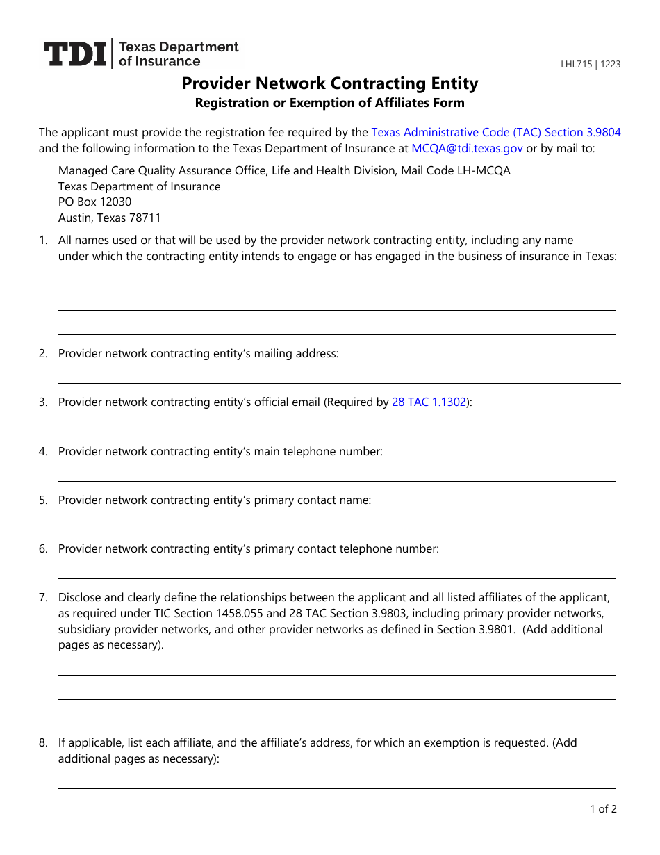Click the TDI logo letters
tap(75, 54)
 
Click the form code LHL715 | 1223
tap(591, 65)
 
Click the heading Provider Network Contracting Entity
tap(330, 83)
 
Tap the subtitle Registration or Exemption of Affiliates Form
tap(330, 103)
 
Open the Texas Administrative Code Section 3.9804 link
tap(496, 132)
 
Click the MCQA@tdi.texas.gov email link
tap(467, 148)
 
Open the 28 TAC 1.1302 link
tap(429, 402)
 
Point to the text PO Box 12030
tap(94, 202)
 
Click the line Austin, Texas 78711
tap(109, 218)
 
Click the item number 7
tap(43, 597)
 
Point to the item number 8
tap(43, 743)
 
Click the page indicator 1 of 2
tap(603, 808)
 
